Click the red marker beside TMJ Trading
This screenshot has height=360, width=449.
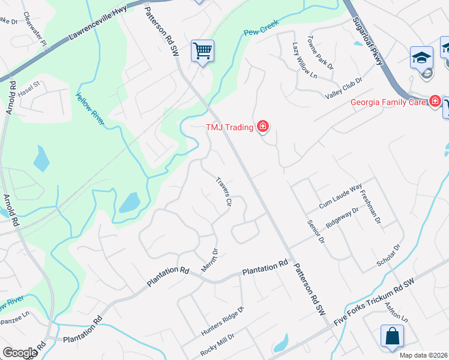[x=262, y=127]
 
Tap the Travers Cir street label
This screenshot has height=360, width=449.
[x=223, y=191]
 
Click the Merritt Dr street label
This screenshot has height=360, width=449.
[x=209, y=260]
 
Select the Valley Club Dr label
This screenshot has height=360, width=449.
[x=343, y=89]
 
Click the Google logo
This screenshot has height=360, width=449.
[x=20, y=352]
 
